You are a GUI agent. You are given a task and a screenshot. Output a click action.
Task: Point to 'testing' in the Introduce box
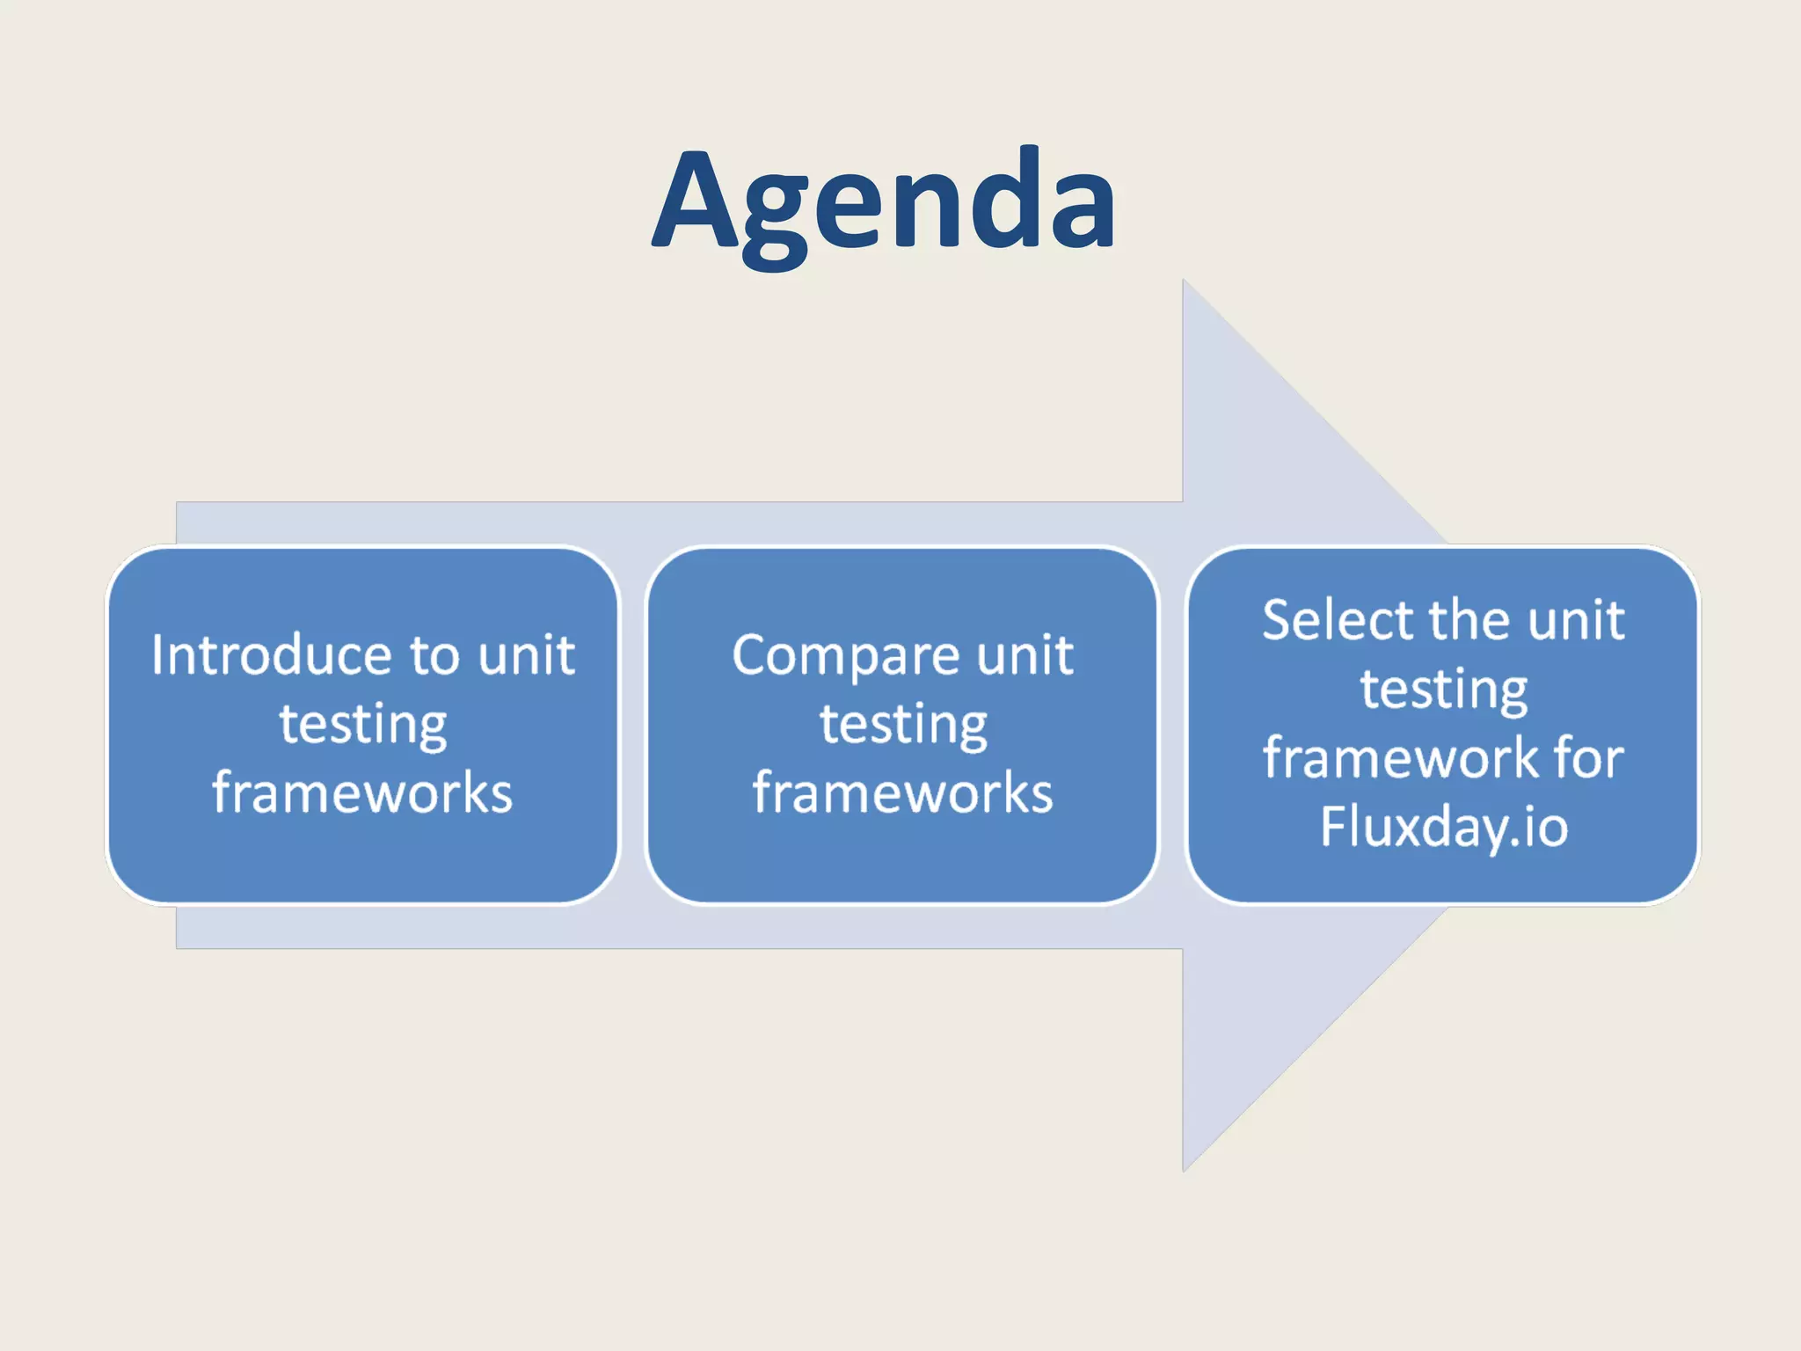(363, 724)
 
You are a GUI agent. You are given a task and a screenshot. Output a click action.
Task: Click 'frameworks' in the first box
(362, 792)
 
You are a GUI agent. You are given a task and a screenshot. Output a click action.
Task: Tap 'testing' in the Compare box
(903, 724)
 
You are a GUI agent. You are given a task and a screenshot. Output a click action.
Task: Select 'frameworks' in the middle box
(903, 792)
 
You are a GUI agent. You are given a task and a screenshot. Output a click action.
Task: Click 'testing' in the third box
(1444, 689)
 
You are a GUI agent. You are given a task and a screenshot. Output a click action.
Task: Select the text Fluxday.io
(1444, 827)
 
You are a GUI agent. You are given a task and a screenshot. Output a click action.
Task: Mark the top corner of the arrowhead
(1184, 281)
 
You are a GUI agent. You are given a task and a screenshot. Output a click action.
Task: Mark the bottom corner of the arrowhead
(1184, 1170)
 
